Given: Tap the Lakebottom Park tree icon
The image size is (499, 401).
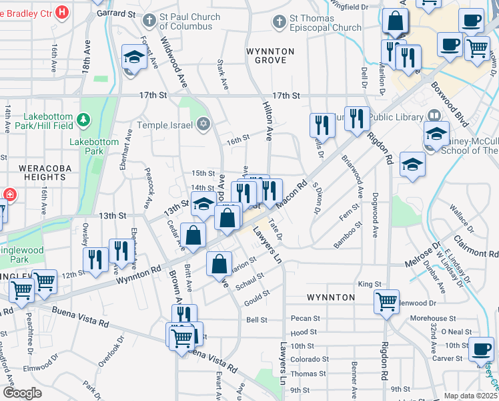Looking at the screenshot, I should point(83,120).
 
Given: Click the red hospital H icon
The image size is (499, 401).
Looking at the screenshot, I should point(62,11).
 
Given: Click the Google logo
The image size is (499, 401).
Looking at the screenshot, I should point(21,393).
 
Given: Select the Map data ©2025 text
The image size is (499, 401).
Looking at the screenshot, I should point(470,396).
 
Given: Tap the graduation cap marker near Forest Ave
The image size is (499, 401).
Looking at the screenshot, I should point(135,58).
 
